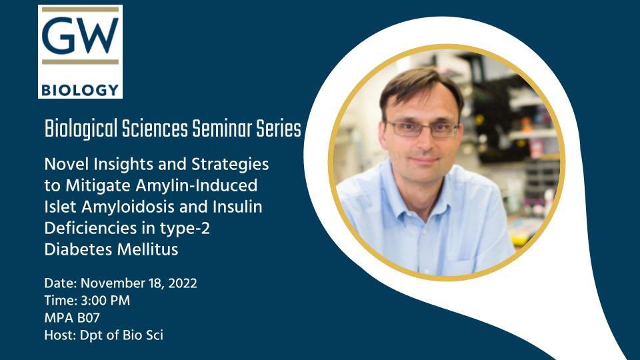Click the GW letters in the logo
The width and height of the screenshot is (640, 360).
tap(80, 35)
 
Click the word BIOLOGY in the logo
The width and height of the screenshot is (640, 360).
tap(80, 89)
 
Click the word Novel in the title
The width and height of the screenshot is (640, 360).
tap(61, 163)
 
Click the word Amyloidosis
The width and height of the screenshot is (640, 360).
tap(121, 207)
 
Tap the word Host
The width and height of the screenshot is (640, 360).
tap(58, 335)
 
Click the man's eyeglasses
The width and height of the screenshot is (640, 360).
tap(423, 128)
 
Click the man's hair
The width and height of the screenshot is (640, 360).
tap(420, 87)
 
